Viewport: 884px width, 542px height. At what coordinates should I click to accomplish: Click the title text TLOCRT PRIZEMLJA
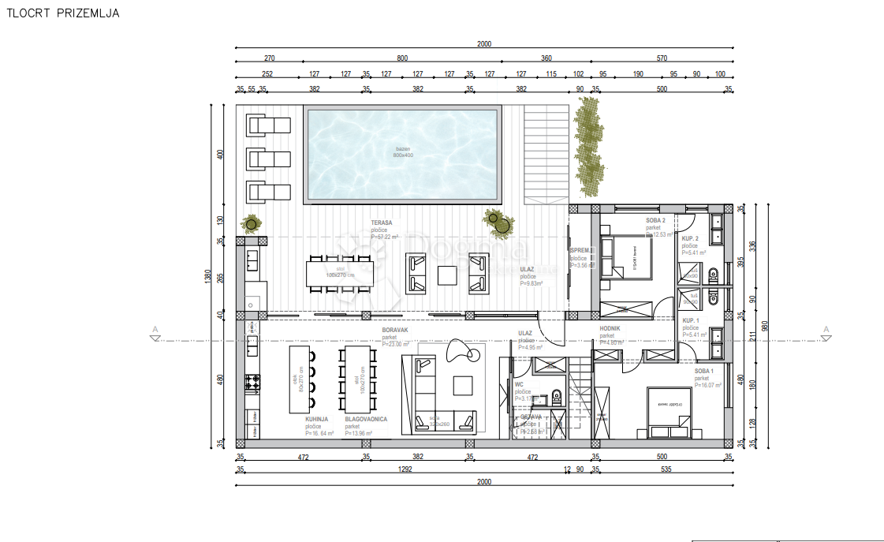(63, 14)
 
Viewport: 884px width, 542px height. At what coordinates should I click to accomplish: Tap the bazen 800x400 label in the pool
(403, 151)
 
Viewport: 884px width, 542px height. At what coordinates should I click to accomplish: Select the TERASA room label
(382, 223)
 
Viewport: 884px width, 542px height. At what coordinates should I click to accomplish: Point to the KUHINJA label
(319, 420)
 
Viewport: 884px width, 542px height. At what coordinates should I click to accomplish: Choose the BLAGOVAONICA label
(366, 420)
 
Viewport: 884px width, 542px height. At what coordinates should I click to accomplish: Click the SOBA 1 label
(704, 371)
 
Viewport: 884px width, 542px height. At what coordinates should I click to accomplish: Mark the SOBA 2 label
(656, 220)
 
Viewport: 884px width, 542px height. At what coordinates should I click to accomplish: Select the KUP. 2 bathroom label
(692, 237)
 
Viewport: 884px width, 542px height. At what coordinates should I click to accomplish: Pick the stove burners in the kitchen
(253, 383)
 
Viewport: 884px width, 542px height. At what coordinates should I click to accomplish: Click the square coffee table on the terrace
(447, 275)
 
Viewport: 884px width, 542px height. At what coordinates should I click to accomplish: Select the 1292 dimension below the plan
(406, 469)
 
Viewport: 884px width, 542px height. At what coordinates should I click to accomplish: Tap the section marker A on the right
(826, 330)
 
